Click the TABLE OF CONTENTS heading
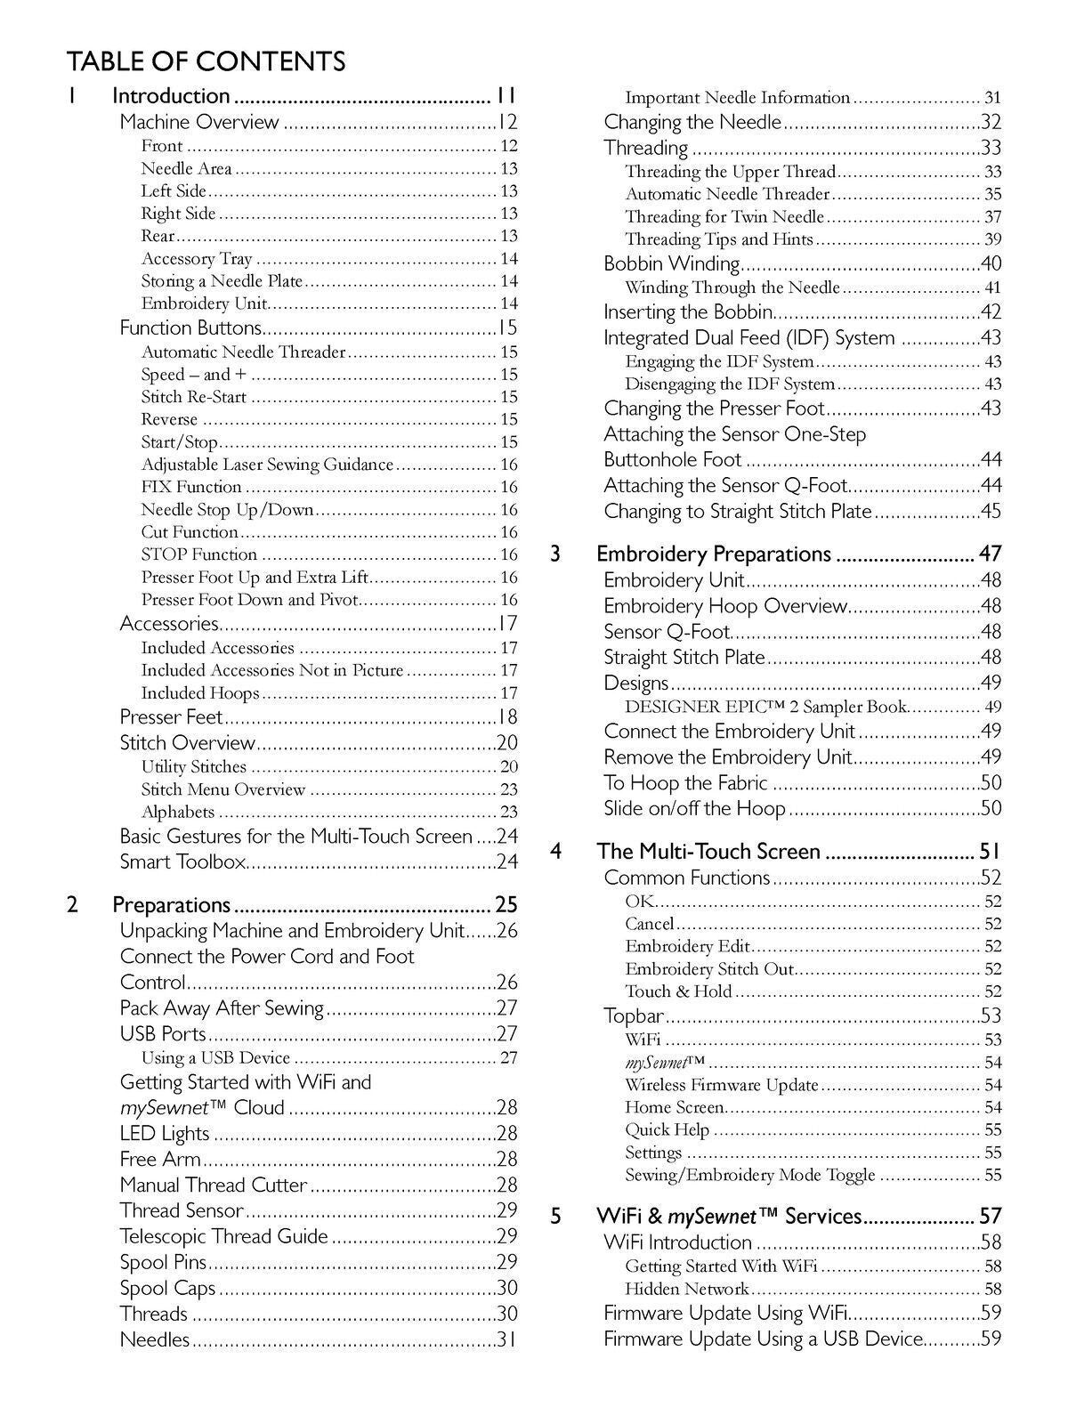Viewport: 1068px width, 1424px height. tap(206, 61)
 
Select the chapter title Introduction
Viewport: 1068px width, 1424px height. tap(172, 96)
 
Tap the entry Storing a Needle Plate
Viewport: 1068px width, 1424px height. tap(222, 281)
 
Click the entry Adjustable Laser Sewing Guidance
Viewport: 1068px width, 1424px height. tap(267, 465)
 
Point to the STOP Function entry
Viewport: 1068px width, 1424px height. tap(199, 554)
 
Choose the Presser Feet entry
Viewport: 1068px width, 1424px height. tap(172, 717)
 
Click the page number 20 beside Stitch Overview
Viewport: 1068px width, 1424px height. tap(507, 743)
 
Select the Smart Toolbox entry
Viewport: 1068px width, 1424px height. tap(182, 862)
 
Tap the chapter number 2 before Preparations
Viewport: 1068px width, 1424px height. tap(72, 905)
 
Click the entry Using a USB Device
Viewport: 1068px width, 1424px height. tap(216, 1058)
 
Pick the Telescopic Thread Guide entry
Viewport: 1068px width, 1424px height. tap(224, 1236)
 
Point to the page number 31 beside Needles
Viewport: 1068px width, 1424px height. tap(507, 1339)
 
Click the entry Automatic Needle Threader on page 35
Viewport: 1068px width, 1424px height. tap(727, 194)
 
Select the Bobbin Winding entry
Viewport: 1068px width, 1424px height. tap(672, 263)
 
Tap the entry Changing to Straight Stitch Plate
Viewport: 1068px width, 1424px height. tap(738, 512)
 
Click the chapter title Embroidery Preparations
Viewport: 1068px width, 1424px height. tap(714, 554)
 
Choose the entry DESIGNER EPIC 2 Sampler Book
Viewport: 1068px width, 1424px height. tap(765, 708)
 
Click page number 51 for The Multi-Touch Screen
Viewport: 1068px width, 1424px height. tap(991, 852)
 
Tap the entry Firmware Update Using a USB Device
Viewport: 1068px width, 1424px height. tap(764, 1339)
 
